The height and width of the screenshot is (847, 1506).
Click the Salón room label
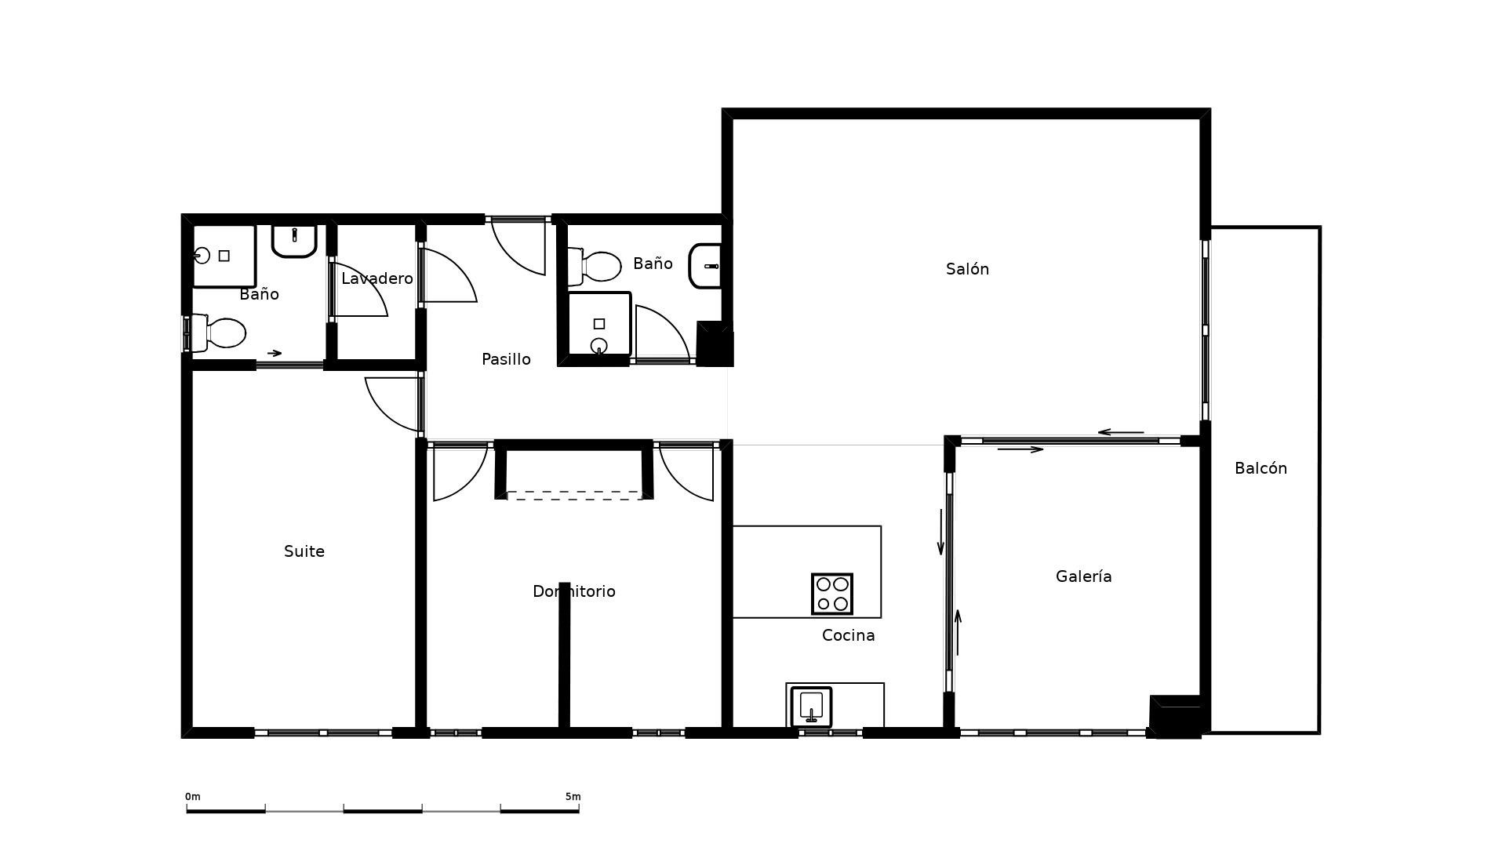click(967, 269)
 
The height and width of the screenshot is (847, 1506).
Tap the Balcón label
click(1260, 468)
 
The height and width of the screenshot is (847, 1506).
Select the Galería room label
click(1083, 576)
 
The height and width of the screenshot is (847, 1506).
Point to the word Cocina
click(848, 635)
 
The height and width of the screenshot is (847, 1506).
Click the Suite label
click(304, 551)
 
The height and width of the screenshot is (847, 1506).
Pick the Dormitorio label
click(573, 591)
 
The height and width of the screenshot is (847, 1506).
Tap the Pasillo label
click(506, 359)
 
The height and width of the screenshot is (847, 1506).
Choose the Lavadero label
click(376, 278)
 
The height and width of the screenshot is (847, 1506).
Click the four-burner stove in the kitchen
click(831, 594)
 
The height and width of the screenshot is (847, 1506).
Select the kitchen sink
click(811, 707)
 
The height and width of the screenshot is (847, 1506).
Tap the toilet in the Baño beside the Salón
click(597, 267)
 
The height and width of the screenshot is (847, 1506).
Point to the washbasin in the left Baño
click(294, 240)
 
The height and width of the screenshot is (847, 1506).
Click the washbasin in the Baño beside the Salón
click(705, 266)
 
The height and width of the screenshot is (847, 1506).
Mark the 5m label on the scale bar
click(573, 797)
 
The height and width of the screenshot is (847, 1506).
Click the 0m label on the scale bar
click(192, 797)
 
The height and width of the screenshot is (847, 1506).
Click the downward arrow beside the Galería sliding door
click(940, 533)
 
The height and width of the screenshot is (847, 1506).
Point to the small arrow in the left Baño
click(275, 353)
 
